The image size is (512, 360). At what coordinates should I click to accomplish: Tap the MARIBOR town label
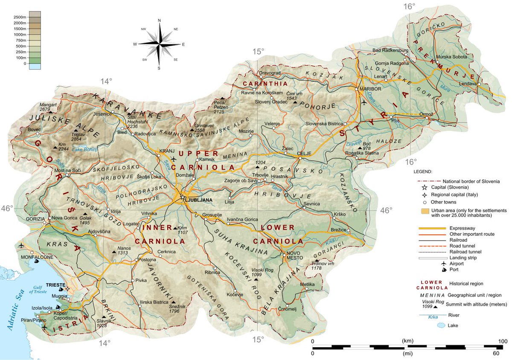click(x=369, y=89)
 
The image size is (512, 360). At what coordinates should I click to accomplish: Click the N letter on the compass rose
click(x=159, y=20)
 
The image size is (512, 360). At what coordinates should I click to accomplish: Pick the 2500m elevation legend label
click(x=20, y=17)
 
